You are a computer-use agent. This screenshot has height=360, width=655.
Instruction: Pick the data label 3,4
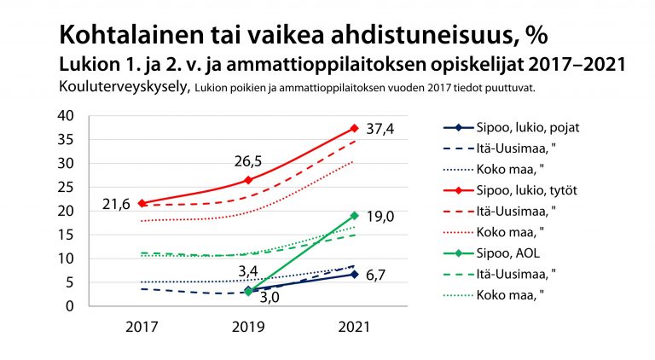pos(249,271)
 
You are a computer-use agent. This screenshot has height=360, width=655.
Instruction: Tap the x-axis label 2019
pos(247,326)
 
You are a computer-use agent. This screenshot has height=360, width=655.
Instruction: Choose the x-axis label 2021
pos(354,326)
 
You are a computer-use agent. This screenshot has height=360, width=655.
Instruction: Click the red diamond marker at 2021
pos(354,128)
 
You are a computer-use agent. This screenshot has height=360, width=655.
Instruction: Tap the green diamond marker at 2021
pos(354,216)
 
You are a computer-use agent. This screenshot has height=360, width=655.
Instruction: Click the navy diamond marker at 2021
pos(354,274)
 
